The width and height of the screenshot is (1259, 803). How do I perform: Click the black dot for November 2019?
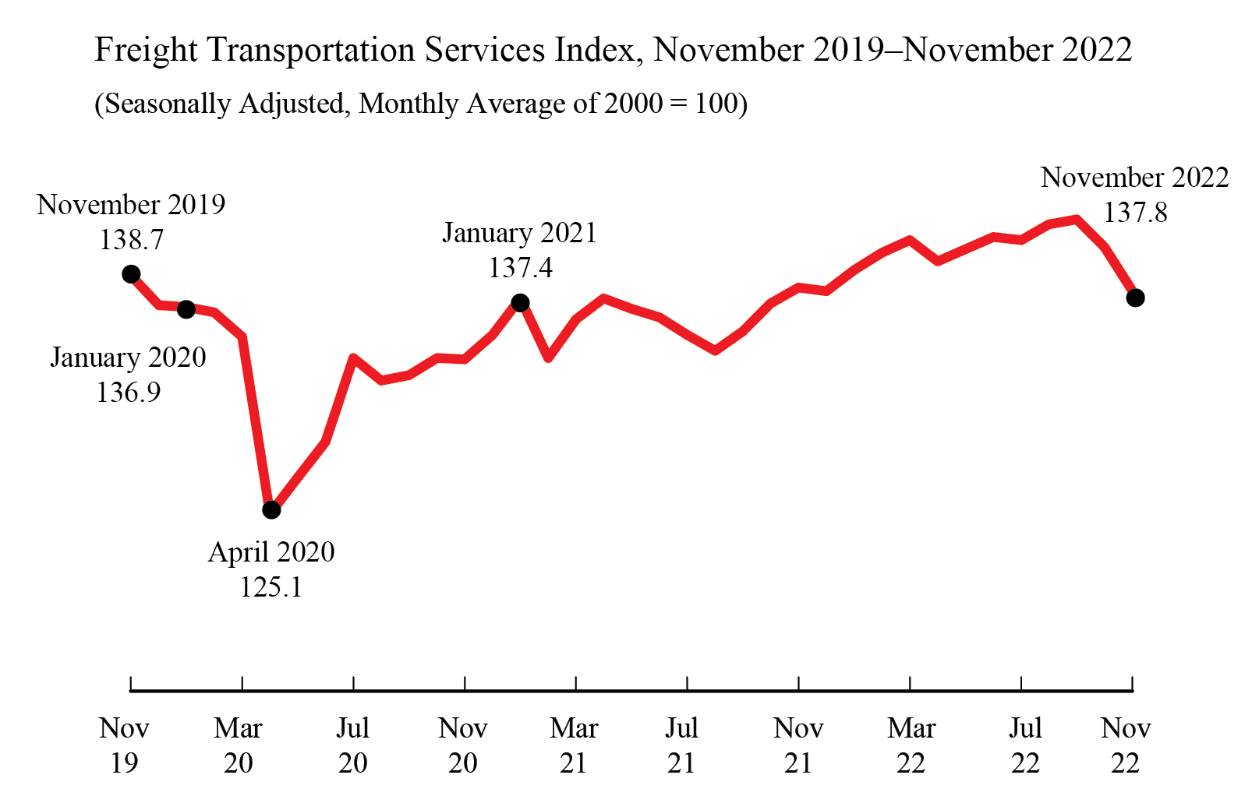point(131,274)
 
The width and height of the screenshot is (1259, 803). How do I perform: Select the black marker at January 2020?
point(186,309)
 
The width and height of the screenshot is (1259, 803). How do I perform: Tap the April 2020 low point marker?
point(271,510)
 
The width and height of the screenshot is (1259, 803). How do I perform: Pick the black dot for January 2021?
point(520,303)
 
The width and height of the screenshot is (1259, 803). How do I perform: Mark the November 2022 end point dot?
point(1135,298)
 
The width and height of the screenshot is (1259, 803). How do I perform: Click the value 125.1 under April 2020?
point(271,586)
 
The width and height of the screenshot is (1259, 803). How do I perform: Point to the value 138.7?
point(131,239)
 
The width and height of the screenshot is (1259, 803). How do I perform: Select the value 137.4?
point(520,267)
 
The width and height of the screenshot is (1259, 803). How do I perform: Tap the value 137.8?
point(1135,212)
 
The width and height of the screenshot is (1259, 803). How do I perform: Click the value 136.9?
point(129,392)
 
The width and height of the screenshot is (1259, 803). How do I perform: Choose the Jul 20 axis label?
point(352,745)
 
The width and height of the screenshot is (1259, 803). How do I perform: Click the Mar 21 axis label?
point(574,745)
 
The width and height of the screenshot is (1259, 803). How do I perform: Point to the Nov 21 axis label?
point(798,745)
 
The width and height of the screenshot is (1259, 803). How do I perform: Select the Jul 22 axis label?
point(1025,745)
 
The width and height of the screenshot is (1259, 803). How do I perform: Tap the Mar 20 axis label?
point(238,745)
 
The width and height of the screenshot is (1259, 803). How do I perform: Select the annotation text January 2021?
point(519,233)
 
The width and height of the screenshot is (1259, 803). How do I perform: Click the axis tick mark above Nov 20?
point(465,684)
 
